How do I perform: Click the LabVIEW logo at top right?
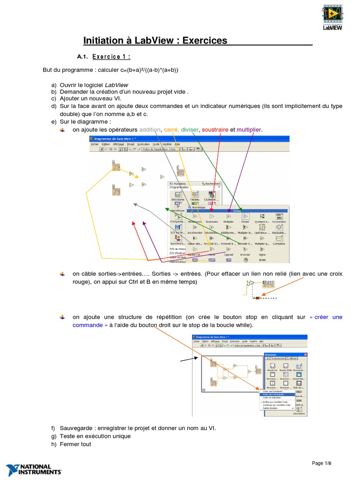coord(332,17)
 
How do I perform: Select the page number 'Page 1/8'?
coord(324,464)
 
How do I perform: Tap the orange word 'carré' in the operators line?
coord(171,129)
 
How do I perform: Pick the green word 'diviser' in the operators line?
coord(190,129)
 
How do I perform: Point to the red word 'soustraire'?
coord(216,129)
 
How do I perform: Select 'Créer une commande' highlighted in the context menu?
coord(271,394)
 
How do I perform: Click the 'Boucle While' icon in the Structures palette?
coord(285,364)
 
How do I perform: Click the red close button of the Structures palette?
coord(305,354)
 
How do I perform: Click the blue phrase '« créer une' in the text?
coord(326,317)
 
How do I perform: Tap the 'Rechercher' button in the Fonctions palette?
coord(210,183)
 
